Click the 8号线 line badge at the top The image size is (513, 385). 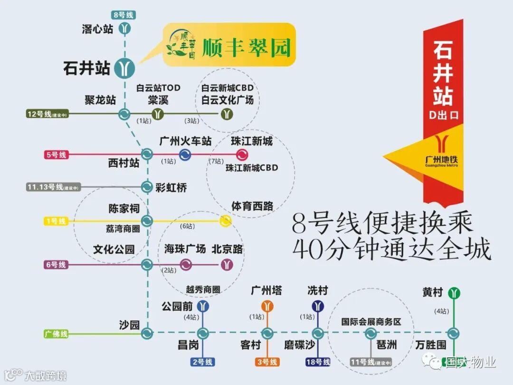pyautogui.click(x=124, y=15)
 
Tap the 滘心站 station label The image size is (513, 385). pyautogui.click(x=97, y=29)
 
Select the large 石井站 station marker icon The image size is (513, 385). pyautogui.click(x=124, y=68)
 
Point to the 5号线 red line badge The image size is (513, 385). pyautogui.click(x=57, y=154)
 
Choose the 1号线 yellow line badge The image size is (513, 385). pyautogui.click(x=57, y=221)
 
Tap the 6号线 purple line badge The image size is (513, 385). pyautogui.click(x=57, y=264)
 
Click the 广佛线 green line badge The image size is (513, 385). pyautogui.click(x=57, y=334)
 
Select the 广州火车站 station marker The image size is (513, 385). pyautogui.click(x=185, y=154)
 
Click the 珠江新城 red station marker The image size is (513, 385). pyautogui.click(x=242, y=154)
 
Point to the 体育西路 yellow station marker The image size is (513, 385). pyautogui.click(x=226, y=221)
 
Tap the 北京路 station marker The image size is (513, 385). pyautogui.click(x=228, y=264)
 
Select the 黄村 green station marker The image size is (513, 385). pyautogui.click(x=454, y=293)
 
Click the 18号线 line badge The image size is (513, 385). pyautogui.click(x=318, y=362)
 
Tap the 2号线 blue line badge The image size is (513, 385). pyautogui.click(x=203, y=362)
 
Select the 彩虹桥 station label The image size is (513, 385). pyautogui.click(x=171, y=188)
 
